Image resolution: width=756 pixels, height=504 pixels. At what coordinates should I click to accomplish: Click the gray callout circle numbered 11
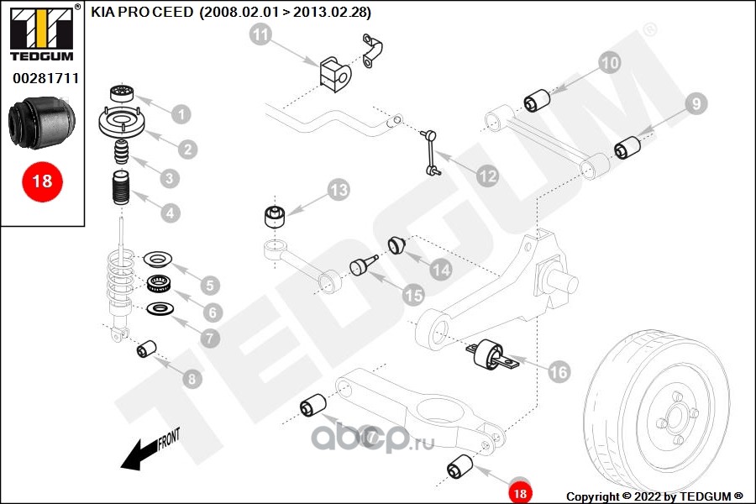point(261,35)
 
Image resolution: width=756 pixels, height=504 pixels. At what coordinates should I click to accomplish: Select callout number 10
point(609,61)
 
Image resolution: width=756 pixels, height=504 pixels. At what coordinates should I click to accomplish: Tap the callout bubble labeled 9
point(696,103)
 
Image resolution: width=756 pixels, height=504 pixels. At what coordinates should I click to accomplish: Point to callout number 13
point(338,190)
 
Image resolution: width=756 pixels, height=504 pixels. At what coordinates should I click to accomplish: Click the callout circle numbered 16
point(559,370)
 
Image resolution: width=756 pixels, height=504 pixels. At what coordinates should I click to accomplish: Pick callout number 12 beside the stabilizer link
point(487,176)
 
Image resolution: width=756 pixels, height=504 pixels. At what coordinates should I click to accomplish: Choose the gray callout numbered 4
point(171,213)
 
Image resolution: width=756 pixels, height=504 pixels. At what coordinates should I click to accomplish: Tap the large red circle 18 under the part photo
point(41,181)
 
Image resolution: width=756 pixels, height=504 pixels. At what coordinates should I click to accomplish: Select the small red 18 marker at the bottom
point(519,493)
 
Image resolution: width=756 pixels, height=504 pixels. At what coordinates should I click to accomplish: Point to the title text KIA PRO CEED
point(143,13)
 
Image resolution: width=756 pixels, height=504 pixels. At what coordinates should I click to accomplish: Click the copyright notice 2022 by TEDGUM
point(654,496)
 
